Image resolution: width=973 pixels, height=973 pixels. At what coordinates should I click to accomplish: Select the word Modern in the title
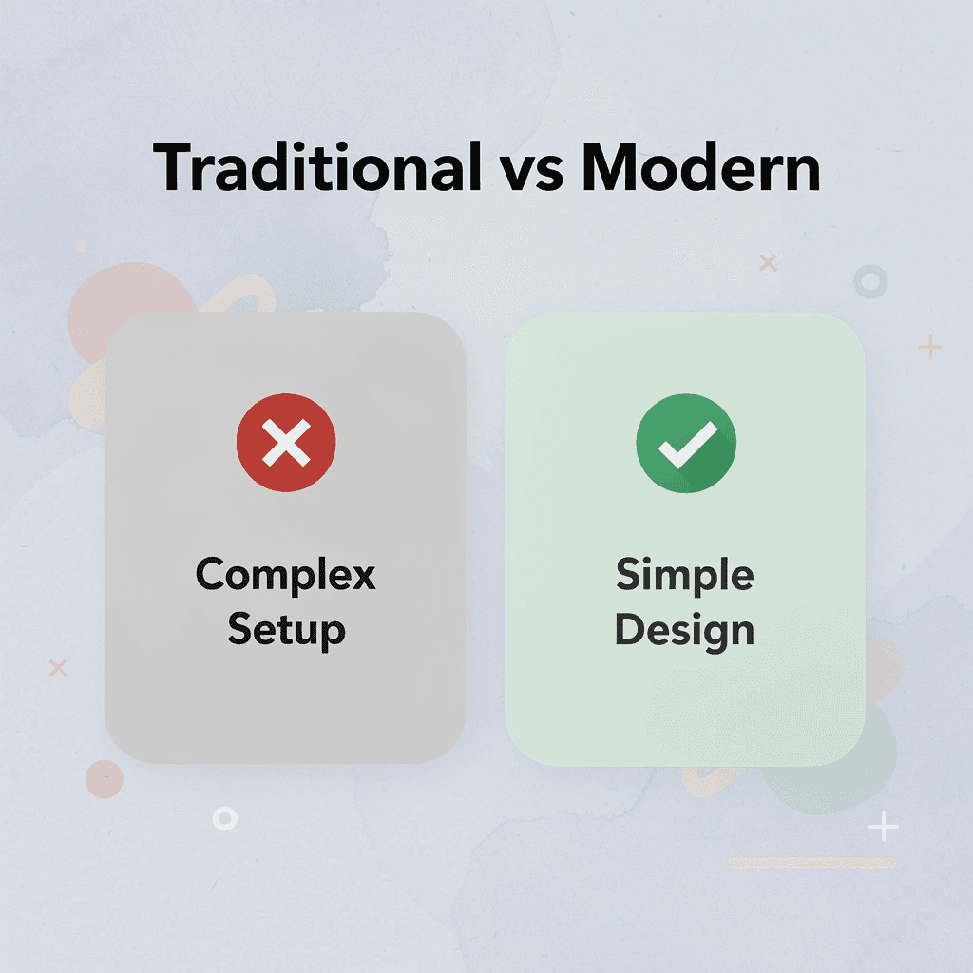pos(700,169)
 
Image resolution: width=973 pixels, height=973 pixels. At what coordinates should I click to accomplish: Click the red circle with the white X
pos(286,443)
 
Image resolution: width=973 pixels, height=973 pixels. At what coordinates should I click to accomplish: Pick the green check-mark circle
pos(686,443)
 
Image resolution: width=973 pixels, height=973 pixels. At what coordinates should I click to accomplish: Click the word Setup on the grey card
pos(286,629)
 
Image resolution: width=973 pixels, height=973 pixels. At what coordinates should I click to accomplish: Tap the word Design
pos(685,629)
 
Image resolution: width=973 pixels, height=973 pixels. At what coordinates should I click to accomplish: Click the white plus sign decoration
pos(884,828)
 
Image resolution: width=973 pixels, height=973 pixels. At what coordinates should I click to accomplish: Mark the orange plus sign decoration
pos(930,348)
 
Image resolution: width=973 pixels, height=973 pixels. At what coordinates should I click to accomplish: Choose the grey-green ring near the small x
pos(870,281)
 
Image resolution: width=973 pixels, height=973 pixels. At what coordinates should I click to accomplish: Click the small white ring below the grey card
pos(225,817)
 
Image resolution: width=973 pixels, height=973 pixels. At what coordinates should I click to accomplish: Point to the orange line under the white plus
pos(811,863)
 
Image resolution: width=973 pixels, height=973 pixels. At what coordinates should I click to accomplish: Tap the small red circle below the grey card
pos(105,779)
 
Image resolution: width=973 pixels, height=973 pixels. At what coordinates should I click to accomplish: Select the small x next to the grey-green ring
pos(768,262)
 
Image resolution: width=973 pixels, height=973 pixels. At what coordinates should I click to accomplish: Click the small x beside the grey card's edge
pos(58,668)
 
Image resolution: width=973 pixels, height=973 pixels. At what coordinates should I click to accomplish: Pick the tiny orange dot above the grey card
pos(82,246)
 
